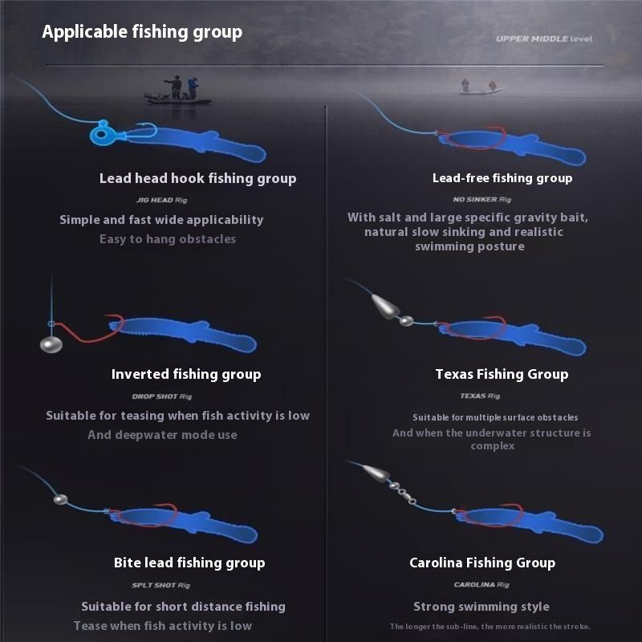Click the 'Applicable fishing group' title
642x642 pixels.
tap(142, 32)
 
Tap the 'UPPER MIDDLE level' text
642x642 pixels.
tap(544, 39)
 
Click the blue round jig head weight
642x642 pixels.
tap(101, 133)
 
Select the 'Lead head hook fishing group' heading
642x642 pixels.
tap(197, 178)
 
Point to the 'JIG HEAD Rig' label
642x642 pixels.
tap(162, 200)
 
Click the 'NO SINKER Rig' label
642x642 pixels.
tap(482, 199)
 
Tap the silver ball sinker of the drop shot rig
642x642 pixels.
tap(51, 344)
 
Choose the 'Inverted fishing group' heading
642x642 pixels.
tap(186, 374)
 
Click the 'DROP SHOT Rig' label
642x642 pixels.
tap(162, 396)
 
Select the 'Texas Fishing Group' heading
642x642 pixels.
tap(502, 374)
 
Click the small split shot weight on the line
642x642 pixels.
tap(61, 499)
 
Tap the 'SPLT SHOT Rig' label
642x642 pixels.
tap(161, 585)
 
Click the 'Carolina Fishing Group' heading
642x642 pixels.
tap(482, 563)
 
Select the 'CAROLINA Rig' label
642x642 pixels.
tap(481, 585)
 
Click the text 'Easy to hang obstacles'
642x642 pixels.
tap(168, 239)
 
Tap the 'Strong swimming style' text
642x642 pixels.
tap(481, 607)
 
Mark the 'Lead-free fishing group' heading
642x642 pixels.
tap(502, 178)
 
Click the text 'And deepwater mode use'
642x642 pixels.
tap(163, 435)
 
